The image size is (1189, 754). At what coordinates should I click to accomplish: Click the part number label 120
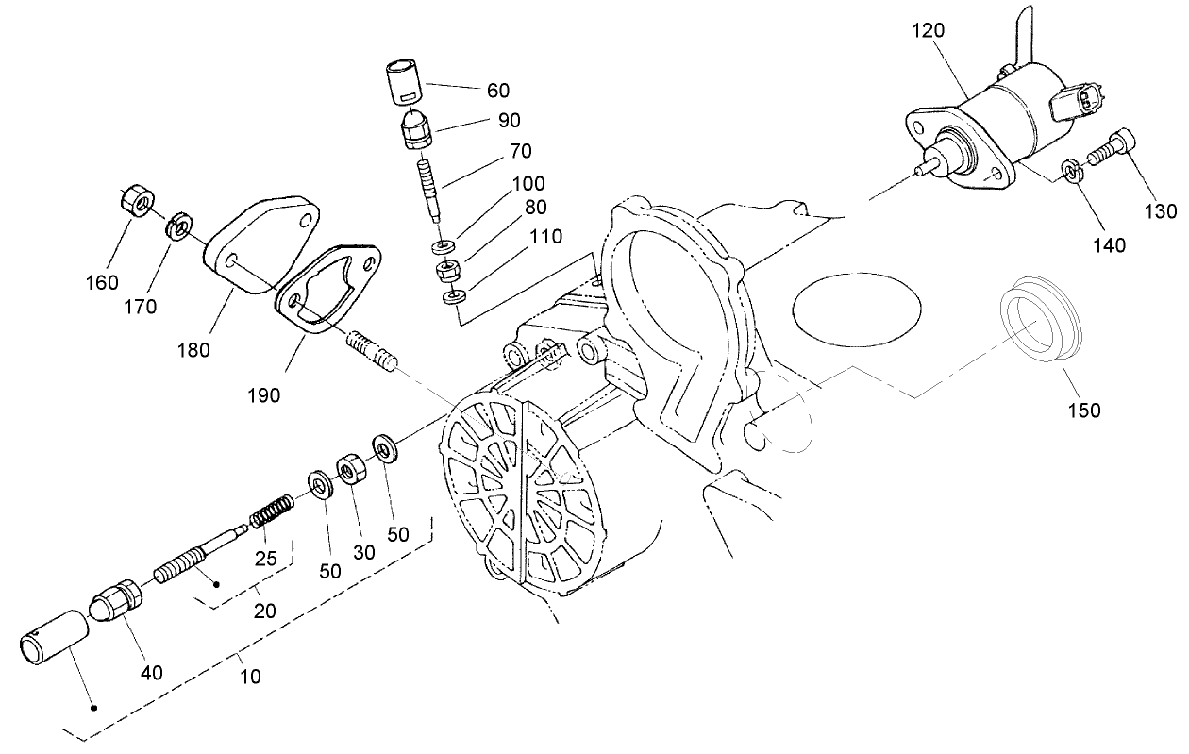(x=928, y=30)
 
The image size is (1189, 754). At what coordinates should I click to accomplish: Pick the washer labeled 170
(x=178, y=227)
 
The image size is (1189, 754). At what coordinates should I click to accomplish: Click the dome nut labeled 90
(x=414, y=132)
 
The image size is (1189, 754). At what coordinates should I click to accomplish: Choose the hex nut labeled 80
(x=447, y=273)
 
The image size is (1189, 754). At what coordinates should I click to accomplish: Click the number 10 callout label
(x=250, y=676)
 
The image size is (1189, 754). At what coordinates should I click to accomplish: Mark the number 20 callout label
(x=265, y=611)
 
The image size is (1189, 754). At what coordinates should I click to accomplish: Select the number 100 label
(x=528, y=183)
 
